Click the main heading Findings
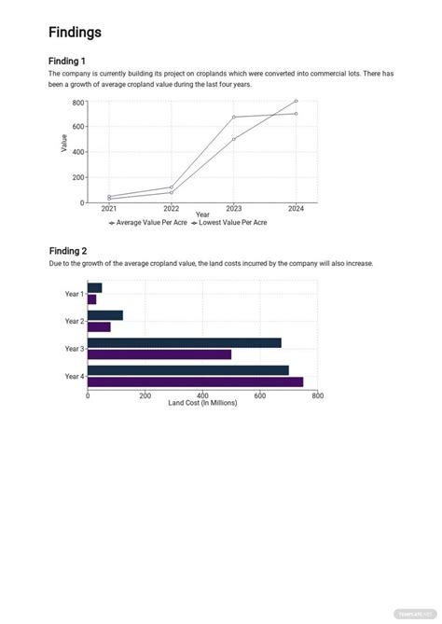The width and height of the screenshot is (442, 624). coord(75,33)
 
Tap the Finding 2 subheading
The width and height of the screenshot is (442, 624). coord(68,251)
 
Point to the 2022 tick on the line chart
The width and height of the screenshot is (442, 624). coord(172,209)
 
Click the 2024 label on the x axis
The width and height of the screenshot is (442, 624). coord(296,209)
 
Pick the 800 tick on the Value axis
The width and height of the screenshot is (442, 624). coord(77,102)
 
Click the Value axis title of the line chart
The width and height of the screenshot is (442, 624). coord(63,143)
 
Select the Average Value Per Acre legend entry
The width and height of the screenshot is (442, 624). coord(148,224)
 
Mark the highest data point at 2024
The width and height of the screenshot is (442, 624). coord(296,101)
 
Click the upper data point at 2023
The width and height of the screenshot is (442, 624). coord(233,118)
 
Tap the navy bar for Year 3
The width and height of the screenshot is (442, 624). coord(184,342)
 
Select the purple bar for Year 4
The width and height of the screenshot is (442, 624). coord(195,381)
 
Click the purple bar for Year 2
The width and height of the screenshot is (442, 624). coord(99,326)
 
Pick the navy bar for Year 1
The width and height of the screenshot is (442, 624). coord(94,287)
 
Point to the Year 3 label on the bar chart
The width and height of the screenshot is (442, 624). coord(75,349)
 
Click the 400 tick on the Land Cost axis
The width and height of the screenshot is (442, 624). coord(202,395)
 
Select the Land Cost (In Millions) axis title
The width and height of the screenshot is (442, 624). coord(202,403)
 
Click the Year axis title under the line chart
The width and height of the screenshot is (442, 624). coord(202,215)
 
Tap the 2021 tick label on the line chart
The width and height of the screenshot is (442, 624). coord(109,209)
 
